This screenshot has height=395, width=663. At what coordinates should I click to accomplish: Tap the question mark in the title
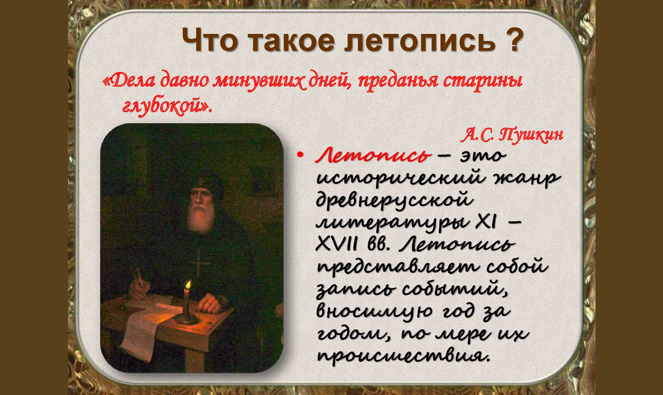513,39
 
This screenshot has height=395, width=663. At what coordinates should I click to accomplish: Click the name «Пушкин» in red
531,135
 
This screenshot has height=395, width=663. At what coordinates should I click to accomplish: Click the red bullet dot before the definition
301,154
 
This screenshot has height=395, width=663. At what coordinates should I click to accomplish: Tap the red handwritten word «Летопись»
373,155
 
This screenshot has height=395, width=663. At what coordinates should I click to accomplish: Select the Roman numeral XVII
336,244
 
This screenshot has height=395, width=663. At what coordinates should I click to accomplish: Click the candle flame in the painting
188,285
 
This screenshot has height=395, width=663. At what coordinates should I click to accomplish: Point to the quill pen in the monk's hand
139,277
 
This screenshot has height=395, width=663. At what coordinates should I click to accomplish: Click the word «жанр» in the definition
526,178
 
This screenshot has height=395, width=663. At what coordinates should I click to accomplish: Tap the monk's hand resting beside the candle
210,303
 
